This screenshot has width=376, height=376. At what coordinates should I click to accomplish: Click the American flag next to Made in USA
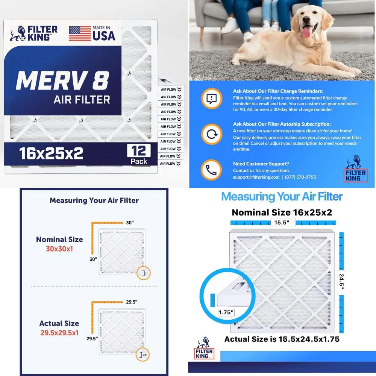(x=80, y=33)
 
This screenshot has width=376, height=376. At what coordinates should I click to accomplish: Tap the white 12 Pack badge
(x=139, y=155)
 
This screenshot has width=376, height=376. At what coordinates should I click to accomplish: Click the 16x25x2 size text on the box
(x=51, y=153)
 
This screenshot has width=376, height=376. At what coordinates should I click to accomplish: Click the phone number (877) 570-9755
(x=301, y=177)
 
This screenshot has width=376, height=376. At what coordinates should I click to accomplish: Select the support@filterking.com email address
(x=256, y=177)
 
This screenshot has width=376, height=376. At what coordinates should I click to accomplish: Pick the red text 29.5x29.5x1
(x=59, y=332)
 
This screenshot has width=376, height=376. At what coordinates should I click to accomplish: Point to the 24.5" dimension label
(x=341, y=280)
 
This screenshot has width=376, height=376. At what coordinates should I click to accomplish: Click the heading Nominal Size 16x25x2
(x=282, y=212)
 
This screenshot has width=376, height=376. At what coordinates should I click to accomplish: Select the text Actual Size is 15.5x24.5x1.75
(x=282, y=339)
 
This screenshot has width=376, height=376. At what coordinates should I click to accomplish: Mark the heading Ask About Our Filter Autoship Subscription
(x=282, y=124)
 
